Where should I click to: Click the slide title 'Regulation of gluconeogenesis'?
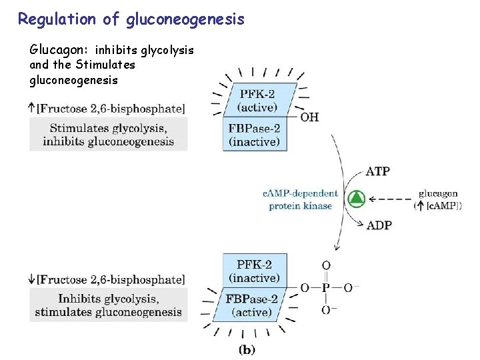(x=131, y=19)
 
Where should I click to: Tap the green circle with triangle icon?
(x=357, y=198)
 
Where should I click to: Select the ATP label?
(x=378, y=171)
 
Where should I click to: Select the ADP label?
(x=379, y=225)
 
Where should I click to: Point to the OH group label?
(x=309, y=118)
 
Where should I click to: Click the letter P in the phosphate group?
(x=326, y=288)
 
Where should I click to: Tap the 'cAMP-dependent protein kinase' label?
(x=300, y=199)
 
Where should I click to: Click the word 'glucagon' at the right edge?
(x=438, y=193)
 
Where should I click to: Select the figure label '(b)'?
(x=247, y=349)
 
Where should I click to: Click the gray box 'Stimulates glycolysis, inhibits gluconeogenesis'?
(x=108, y=134)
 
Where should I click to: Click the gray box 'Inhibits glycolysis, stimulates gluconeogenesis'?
(x=108, y=305)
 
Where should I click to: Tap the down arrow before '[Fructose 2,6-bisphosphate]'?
(x=32, y=279)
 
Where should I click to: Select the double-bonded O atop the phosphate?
(x=326, y=266)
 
